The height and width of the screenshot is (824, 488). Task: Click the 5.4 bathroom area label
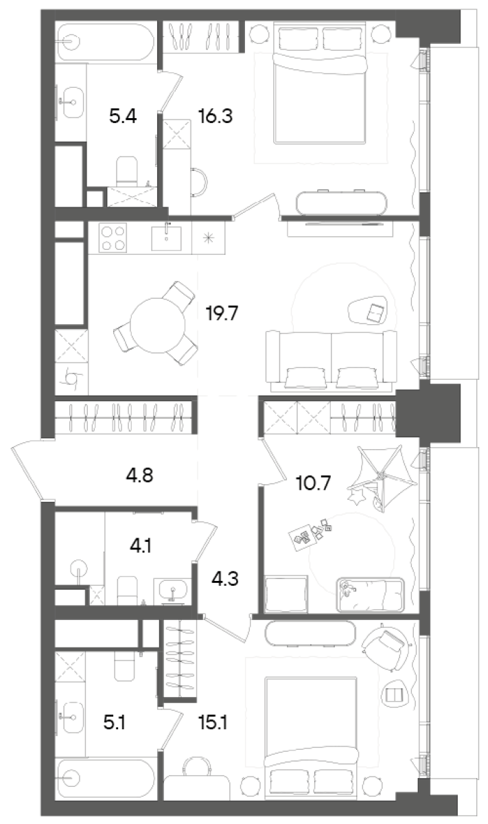click(123, 116)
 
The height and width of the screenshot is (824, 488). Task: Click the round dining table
click(156, 325)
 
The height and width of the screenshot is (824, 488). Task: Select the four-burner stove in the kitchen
click(114, 239)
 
